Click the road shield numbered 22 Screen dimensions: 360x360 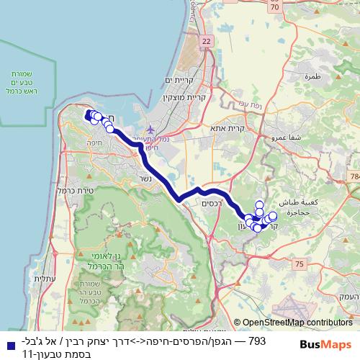(x=207, y=42)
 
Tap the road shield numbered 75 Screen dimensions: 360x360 (x=299, y=265)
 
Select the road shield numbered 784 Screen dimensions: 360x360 (x=354, y=176)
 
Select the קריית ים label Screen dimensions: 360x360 (x=179, y=80)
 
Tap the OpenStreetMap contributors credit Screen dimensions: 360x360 (x=297, y=323)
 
